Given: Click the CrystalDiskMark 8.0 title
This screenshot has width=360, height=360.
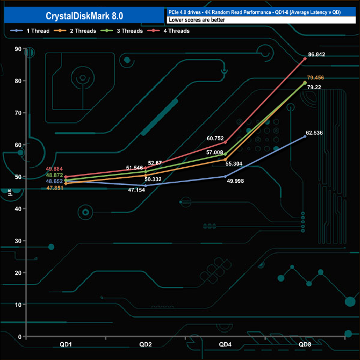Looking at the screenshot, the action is tap(84, 16).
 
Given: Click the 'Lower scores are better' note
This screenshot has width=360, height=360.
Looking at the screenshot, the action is tap(197, 20).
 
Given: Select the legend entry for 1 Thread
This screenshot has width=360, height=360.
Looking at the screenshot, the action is tap(30, 31).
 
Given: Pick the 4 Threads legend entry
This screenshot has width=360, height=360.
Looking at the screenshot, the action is tap(168, 31).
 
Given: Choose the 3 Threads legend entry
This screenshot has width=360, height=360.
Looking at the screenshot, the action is tap(121, 31).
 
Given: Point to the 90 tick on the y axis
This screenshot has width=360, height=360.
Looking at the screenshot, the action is tap(18, 49).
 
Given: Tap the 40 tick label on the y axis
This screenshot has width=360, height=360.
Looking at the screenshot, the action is tap(18, 209).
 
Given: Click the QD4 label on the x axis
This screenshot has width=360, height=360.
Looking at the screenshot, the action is tap(225, 344).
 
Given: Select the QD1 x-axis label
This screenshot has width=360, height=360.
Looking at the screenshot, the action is tap(66, 344).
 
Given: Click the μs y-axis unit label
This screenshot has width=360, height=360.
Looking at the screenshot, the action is tap(9, 192).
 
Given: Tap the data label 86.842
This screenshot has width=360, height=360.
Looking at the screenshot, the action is tap(317, 54).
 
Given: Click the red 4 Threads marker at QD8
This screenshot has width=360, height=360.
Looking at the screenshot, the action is tap(305, 59).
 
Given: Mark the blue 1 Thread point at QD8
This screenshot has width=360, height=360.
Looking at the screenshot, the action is tap(305, 136).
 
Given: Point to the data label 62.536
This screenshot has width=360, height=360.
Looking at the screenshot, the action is tap(315, 133).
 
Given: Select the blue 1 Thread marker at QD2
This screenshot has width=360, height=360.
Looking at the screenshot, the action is tap(146, 186).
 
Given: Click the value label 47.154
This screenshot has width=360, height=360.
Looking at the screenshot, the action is tap(137, 190).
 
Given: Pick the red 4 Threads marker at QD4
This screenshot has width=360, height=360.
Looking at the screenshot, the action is tap(225, 142).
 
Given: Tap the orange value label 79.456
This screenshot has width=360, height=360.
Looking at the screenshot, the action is tap(316, 78).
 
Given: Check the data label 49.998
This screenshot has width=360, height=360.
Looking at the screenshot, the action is tap(235, 181).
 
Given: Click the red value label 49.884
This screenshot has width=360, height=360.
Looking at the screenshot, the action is tap(54, 169).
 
